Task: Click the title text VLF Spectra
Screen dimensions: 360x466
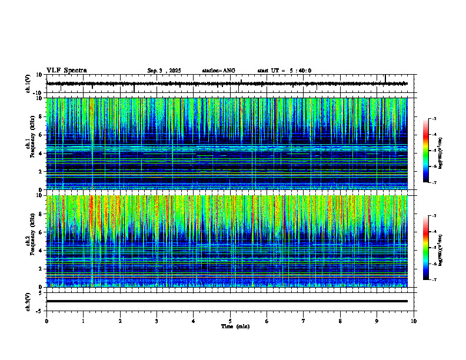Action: (x=66, y=71)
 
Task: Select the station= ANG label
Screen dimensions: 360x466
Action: (x=218, y=71)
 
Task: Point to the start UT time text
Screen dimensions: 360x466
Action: (x=284, y=71)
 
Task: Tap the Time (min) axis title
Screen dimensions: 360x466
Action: (x=235, y=326)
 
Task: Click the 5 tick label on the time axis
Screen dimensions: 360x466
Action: (x=230, y=321)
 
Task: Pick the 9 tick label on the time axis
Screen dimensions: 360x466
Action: (x=377, y=321)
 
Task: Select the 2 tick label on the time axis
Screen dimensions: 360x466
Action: (x=120, y=321)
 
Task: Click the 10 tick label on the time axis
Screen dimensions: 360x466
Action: (x=414, y=321)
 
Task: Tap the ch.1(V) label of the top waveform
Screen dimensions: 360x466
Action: (x=28, y=84)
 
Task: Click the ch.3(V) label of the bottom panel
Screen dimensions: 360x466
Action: (x=28, y=301)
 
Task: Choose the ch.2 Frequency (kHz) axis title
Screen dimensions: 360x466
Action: (x=29, y=241)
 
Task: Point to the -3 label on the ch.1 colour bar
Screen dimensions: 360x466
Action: (x=434, y=119)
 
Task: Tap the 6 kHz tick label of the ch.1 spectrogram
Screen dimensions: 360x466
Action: (x=40, y=135)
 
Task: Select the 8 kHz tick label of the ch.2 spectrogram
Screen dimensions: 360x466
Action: (x=40, y=214)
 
